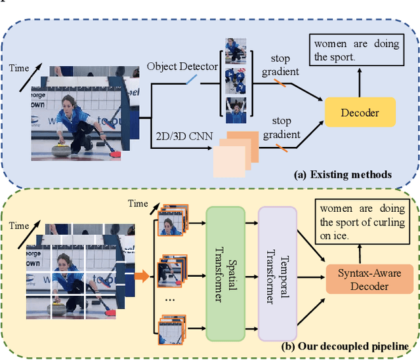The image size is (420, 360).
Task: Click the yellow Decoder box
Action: pyautogui.click(x=360, y=112)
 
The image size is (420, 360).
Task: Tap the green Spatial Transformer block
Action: pyautogui.click(x=225, y=273)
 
